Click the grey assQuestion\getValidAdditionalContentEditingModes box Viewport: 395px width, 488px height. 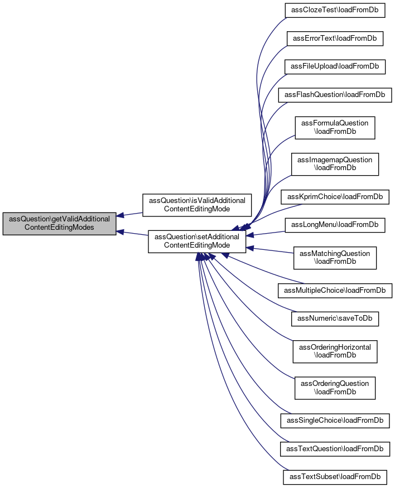coord(60,224)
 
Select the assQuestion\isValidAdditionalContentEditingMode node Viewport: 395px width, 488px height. coord(197,205)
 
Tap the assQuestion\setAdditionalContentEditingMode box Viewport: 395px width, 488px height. coord(197,241)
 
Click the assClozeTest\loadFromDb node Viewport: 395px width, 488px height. coord(335,10)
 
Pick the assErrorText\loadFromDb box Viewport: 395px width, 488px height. coord(335,38)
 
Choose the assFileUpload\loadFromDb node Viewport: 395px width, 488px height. coord(335,66)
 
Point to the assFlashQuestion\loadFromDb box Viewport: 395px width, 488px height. coord(335,95)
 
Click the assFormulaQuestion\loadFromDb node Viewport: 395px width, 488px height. coord(335,128)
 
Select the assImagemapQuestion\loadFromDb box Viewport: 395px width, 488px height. coord(335,164)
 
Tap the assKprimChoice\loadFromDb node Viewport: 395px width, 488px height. coord(335,197)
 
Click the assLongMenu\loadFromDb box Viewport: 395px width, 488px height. coord(335,225)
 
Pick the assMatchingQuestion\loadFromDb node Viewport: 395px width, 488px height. coord(335,258)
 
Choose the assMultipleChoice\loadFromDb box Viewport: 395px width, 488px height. coord(335,291)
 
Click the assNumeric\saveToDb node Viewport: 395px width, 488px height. coord(335,318)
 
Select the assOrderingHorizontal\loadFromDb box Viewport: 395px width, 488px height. coord(335,351)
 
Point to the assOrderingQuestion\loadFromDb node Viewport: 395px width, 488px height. coord(335,388)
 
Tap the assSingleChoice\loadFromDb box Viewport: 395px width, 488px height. coord(335,421)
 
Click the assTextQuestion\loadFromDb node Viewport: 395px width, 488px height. coord(335,449)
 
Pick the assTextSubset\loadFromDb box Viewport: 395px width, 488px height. coord(335,477)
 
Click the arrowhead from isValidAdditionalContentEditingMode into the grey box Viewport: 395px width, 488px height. coord(120,215)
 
